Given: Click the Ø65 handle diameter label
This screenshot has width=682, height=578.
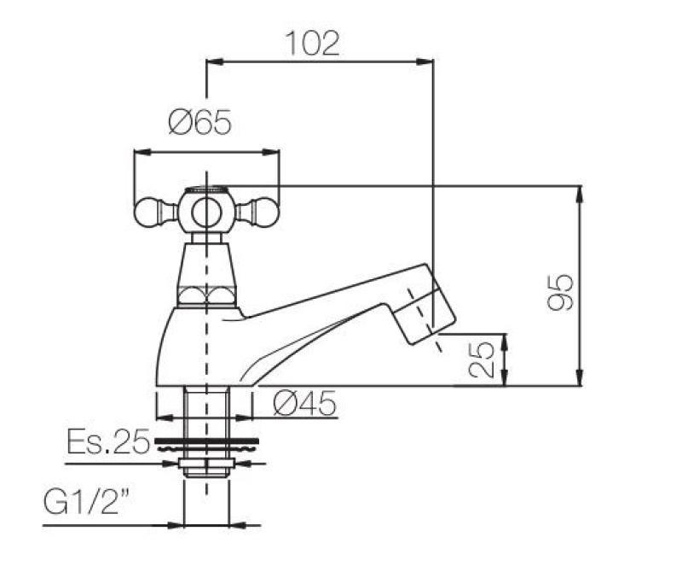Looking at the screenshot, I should [x=199, y=125].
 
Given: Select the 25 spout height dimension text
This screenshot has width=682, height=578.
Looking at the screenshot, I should [x=482, y=360].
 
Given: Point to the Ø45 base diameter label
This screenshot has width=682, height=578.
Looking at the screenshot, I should [x=305, y=404].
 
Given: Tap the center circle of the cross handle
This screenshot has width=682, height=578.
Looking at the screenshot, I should [x=206, y=211].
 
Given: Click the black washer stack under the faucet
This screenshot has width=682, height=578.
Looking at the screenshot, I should [x=205, y=444].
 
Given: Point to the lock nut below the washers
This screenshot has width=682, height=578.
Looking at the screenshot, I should [x=205, y=466].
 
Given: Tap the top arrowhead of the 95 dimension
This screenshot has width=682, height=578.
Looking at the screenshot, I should [x=581, y=193].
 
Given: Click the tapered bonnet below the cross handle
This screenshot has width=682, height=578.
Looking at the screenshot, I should [x=206, y=269].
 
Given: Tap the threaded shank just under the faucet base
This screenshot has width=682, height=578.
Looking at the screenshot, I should [x=205, y=410].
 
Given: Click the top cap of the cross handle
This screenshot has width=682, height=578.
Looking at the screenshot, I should [x=206, y=190].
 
